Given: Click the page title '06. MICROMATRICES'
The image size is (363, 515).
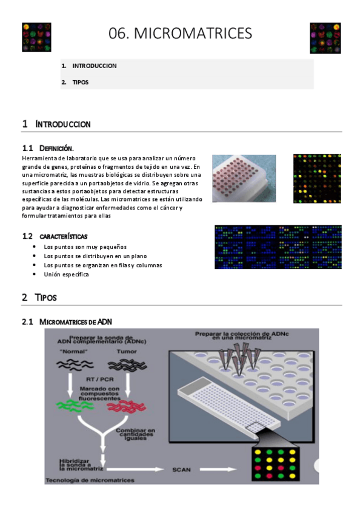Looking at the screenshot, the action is point(180,33).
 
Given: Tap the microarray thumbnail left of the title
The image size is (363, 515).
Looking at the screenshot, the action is point(36,37).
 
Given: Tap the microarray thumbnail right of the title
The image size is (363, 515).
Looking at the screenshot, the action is point(325,38).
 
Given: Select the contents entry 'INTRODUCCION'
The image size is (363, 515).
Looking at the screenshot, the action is point(95,66).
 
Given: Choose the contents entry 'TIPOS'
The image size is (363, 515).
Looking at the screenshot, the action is point(81,82).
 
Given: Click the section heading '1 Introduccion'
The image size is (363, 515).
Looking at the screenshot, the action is point(56,124).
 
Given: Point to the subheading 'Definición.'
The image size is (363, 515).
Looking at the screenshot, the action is point(56,148).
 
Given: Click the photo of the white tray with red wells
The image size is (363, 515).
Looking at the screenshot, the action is point(244,179).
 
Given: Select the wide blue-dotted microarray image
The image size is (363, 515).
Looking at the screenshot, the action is point(278,247).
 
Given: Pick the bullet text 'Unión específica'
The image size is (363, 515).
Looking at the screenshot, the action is point(66,275).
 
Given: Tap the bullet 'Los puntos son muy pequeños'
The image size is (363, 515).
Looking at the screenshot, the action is point(85,247).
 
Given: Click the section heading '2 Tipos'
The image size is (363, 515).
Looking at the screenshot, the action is point(39,297).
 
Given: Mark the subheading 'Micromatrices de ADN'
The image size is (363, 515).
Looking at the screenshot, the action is point(76,321).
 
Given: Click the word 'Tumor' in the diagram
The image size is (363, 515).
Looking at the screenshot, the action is point(127,352).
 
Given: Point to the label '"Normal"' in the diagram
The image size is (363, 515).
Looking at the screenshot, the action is point(74,352).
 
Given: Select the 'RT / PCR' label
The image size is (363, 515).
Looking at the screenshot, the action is point(99,380).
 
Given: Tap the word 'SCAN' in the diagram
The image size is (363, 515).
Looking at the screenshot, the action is point(182,469).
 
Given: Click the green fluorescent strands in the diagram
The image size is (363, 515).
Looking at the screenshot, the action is point(75,405).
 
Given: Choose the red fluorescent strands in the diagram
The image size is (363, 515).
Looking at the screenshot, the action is point(127,407).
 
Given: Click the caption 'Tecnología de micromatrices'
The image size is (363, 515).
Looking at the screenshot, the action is point(90,480).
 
